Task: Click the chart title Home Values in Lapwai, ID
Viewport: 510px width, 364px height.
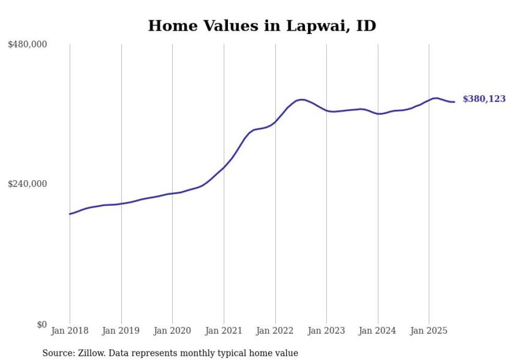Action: click(262, 26)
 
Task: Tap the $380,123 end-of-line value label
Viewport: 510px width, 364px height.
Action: click(483, 99)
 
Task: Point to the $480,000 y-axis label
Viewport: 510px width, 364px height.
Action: click(27, 45)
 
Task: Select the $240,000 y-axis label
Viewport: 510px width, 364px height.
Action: click(27, 184)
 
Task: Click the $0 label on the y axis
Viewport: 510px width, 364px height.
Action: click(42, 324)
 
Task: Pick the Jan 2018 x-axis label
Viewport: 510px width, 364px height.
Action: click(70, 331)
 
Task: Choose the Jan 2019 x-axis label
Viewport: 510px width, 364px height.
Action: click(121, 331)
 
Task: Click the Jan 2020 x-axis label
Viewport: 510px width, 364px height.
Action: click(172, 331)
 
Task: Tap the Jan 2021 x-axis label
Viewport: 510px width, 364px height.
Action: click(224, 331)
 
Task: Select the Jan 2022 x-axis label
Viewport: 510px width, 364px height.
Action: click(275, 331)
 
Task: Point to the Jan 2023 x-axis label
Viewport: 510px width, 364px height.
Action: click(326, 331)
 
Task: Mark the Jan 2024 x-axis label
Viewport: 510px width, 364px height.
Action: click(378, 331)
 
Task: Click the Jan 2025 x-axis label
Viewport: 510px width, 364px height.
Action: click(429, 331)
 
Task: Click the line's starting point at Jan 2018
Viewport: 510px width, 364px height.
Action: click(70, 214)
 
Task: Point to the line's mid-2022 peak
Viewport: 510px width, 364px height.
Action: click(301, 99)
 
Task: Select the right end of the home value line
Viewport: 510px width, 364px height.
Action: click(454, 102)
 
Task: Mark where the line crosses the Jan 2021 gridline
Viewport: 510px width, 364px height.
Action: click(224, 167)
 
